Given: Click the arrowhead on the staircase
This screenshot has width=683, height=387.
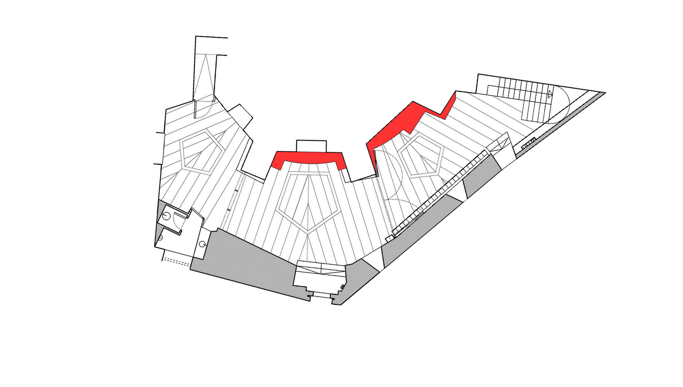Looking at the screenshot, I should tap(550, 94).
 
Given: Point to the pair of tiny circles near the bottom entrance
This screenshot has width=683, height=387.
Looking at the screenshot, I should tap(342, 286).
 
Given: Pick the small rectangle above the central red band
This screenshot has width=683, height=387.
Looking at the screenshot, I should tap(311, 146).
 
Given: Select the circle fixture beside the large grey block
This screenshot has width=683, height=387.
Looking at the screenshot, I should tap(202, 244).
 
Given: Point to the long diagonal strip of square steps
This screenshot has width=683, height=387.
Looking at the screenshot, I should tap(441, 194).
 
